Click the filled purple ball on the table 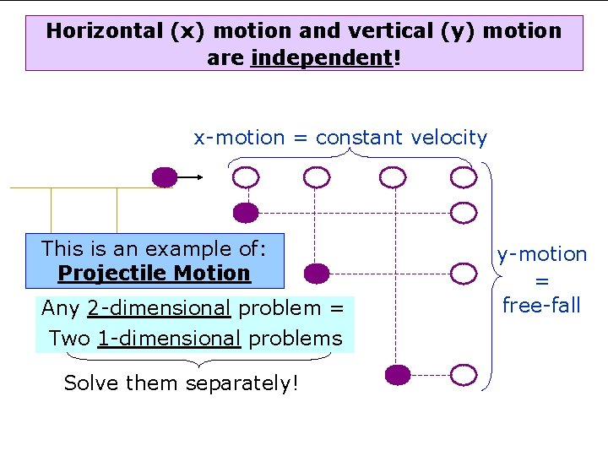click(164, 177)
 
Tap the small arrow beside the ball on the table click(193, 177)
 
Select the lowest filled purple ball click(397, 374)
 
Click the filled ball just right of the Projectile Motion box click(316, 273)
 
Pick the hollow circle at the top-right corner click(463, 177)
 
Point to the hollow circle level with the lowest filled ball click(463, 374)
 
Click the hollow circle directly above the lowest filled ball click(392, 177)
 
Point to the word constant click(361, 138)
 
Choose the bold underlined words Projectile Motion click(155, 274)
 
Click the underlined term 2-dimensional click(158, 308)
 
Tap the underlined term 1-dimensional click(169, 339)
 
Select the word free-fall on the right click(541, 305)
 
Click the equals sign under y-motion click(541, 280)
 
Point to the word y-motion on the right click(541, 254)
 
